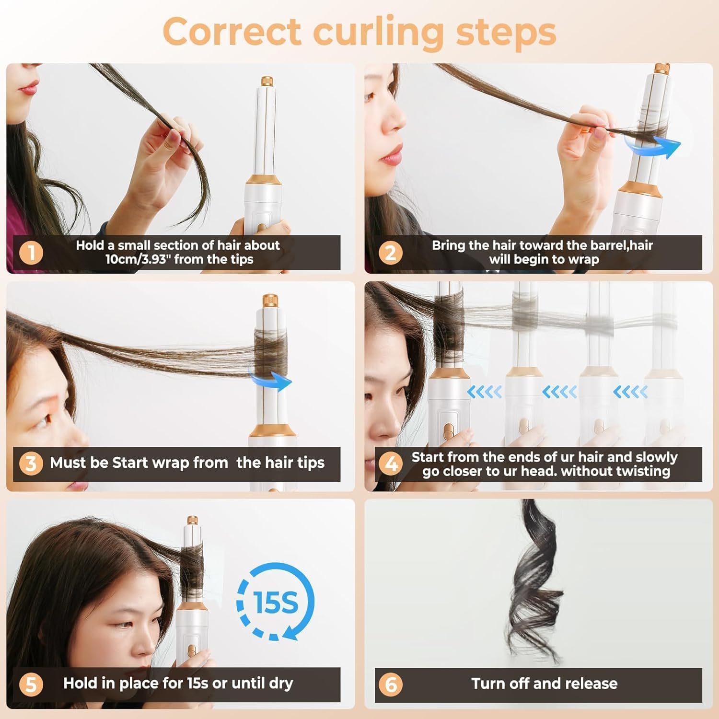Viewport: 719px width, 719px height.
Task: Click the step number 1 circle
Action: coord(31,253)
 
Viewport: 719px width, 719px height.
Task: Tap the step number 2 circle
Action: coord(390,253)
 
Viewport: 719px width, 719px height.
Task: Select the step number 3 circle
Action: coord(31,464)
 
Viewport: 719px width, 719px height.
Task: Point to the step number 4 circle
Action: coord(390,464)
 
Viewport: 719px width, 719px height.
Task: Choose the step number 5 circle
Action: coord(31,684)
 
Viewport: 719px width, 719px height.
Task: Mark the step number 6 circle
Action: coord(390,684)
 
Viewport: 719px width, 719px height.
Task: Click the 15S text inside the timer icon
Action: coord(275,602)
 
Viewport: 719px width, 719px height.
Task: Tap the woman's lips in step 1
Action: coord(30,88)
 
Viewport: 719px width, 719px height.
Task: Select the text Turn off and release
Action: coord(544,684)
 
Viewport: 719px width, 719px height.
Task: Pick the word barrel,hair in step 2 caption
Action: coord(621,245)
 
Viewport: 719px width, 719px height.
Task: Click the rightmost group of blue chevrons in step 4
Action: coord(630,392)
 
